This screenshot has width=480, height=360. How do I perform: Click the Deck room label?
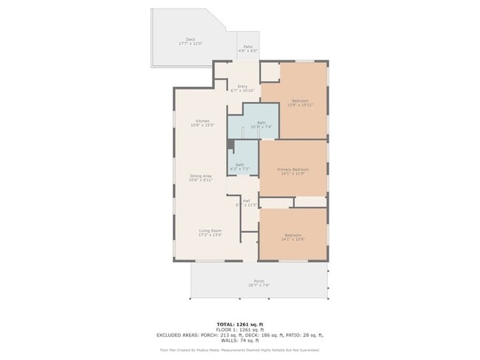(190, 40)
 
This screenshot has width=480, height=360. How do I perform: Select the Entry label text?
(242, 86)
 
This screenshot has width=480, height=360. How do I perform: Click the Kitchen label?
(202, 121)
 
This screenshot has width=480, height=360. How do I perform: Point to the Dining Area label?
(201, 176)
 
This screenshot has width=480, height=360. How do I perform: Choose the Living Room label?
(210, 230)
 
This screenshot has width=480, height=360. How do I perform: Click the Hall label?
(246, 200)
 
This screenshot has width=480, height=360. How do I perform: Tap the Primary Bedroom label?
(292, 170)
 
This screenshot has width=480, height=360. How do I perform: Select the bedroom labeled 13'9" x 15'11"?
(300, 103)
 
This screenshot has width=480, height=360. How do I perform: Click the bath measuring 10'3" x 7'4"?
(261, 125)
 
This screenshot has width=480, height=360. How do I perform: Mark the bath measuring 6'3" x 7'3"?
(240, 167)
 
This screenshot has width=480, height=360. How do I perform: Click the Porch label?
(258, 281)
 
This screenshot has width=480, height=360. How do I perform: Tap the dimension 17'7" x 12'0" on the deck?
(190, 44)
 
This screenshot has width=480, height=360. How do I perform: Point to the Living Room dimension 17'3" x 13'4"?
(210, 235)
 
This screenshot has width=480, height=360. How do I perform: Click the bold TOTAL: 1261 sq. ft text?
(240, 324)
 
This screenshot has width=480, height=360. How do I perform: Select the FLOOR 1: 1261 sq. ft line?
(240, 330)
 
